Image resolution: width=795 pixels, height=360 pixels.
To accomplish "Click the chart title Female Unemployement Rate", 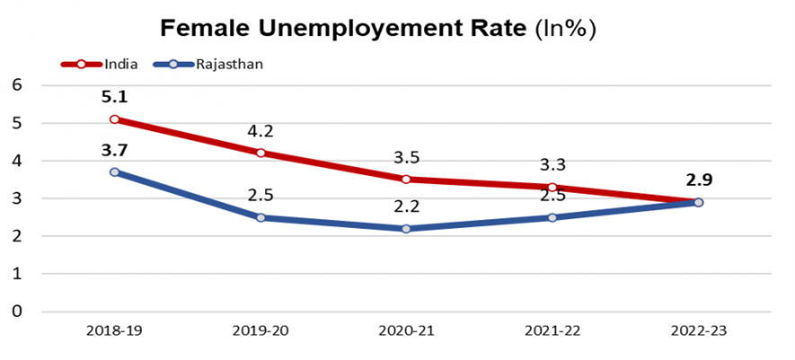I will (377, 28).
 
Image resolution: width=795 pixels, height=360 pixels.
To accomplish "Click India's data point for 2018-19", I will (115, 119).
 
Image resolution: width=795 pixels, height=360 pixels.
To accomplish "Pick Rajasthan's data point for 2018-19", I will (115, 171).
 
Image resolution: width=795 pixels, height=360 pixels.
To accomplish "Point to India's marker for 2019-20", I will (261, 153).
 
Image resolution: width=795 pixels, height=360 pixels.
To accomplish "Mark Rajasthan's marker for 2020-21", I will (406, 229).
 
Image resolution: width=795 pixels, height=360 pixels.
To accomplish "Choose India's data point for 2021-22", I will (552, 187).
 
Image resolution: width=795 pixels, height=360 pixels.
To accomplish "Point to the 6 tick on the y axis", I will (16, 85).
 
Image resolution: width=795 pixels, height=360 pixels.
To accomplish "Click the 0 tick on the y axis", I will (16, 312).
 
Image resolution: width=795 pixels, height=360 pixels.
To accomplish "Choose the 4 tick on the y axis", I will (16, 161).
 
